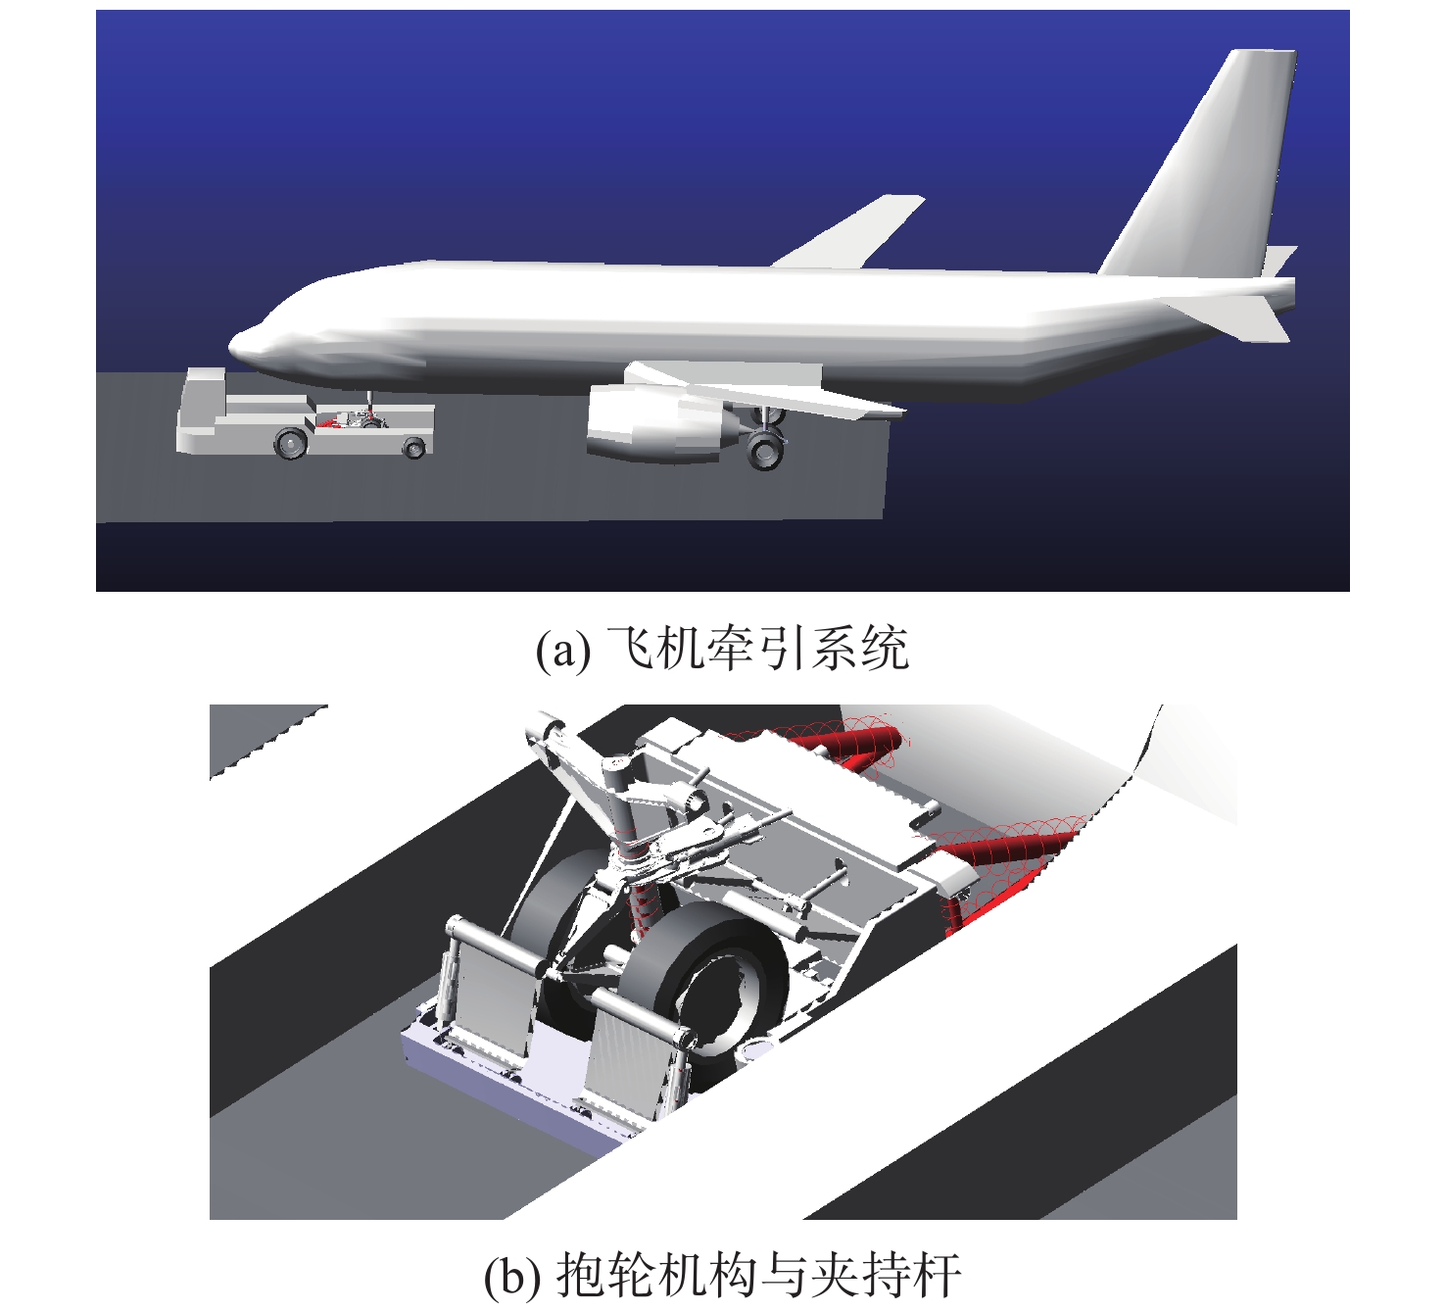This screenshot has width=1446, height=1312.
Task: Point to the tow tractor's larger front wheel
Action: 291,443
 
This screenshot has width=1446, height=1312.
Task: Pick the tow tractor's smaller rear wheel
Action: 413,450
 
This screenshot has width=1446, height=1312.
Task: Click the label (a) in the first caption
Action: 563,650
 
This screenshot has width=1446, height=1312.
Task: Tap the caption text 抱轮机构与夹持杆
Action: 758,1275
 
